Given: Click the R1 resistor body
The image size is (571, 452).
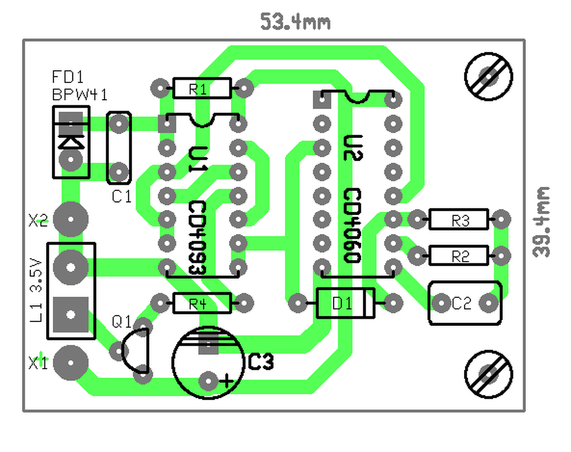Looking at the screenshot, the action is pyautogui.click(x=202, y=88).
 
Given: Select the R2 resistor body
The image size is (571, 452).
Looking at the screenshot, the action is pyautogui.click(x=459, y=255).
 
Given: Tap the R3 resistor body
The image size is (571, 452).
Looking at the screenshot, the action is pyautogui.click(x=459, y=219).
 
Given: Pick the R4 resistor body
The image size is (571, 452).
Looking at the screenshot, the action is pyautogui.click(x=202, y=303).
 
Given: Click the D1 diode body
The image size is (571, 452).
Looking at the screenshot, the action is pyautogui.click(x=345, y=303).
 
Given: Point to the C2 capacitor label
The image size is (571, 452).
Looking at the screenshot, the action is pyautogui.click(x=461, y=303).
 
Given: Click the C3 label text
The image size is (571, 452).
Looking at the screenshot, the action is pyautogui.click(x=261, y=362).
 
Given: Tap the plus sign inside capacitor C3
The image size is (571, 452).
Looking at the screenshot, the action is pyautogui.click(x=226, y=381).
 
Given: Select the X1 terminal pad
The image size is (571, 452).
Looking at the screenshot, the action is pyautogui.click(x=70, y=363).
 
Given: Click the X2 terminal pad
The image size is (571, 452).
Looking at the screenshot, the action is pyautogui.click(x=70, y=219).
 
